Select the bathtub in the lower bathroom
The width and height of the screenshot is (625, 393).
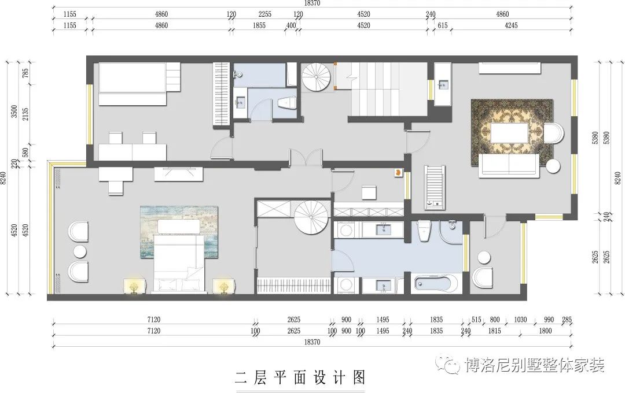pos(436,284)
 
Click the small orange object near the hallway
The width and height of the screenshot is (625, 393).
pos(398,172)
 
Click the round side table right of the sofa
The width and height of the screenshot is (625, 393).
pos(553,166)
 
